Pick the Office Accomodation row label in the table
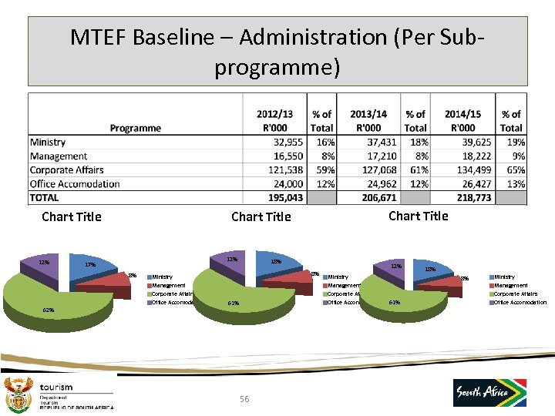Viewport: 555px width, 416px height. [75, 184]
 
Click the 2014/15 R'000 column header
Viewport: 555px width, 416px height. [462, 121]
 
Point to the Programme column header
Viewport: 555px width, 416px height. [135, 128]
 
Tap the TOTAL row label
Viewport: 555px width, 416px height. [44, 198]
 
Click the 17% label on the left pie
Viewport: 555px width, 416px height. [90, 265]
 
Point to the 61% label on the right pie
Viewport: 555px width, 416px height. [394, 302]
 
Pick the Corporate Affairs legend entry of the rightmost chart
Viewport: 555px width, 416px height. [515, 294]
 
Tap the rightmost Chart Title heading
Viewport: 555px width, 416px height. [418, 216]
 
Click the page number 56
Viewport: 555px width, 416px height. [244, 398]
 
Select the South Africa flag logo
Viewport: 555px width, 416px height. [489, 393]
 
